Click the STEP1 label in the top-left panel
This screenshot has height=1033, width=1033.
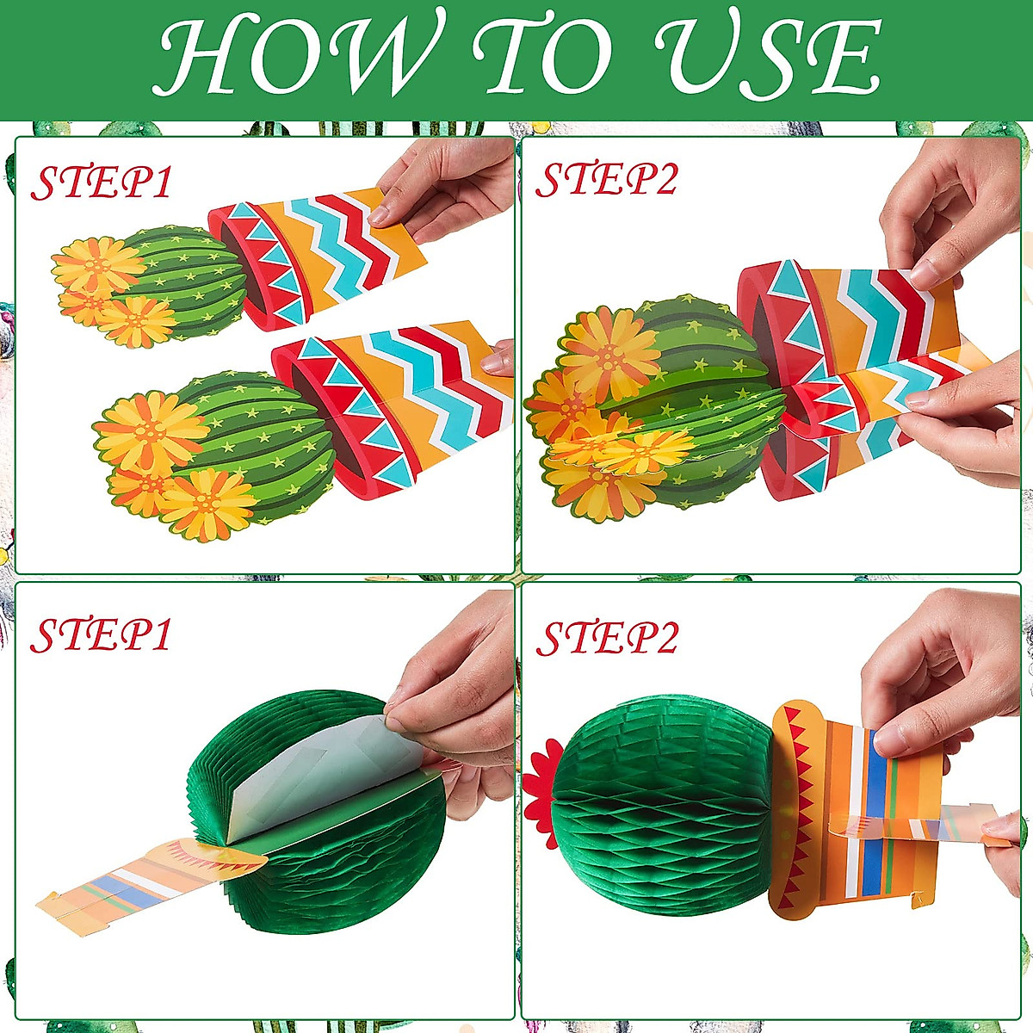coord(102,182)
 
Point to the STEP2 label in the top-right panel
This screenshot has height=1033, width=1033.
coord(607,179)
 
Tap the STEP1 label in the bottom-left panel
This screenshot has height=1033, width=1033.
coord(102,634)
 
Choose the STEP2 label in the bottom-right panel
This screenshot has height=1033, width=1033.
coord(607,637)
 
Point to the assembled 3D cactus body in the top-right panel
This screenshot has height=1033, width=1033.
coord(671,405)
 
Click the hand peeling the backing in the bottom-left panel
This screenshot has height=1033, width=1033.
coord(456,689)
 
